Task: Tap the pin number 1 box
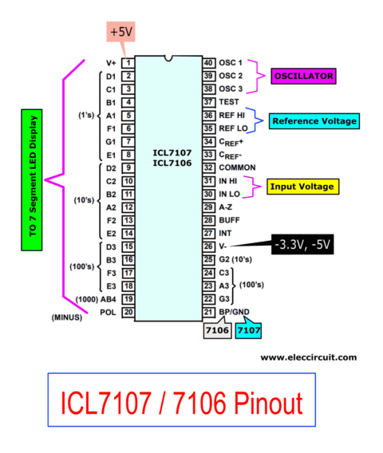coord(127,62)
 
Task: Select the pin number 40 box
coord(208,62)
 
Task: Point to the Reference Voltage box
coord(314,121)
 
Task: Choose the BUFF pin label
coord(231,219)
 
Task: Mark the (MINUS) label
coord(67,317)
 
